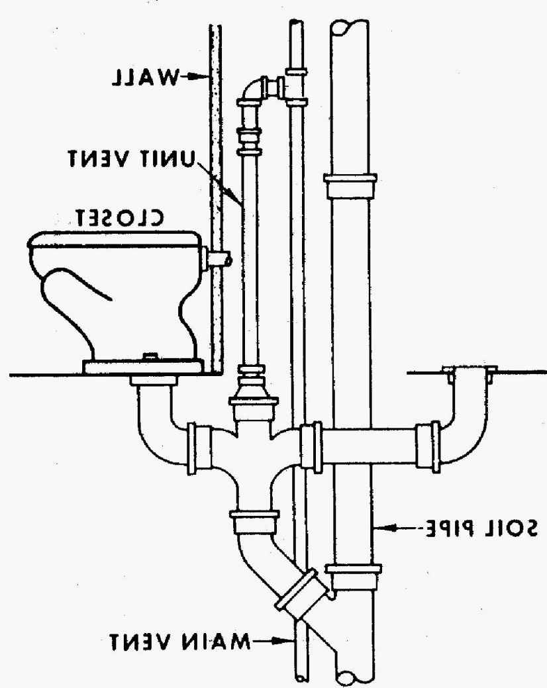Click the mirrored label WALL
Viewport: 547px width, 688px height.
point(146,77)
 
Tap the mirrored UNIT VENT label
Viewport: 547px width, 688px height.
point(130,158)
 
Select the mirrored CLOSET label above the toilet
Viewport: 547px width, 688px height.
point(119,218)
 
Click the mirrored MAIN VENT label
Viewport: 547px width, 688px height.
point(180,643)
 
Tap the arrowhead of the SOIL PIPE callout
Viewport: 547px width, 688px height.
point(381,528)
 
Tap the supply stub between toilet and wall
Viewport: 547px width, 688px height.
point(219,258)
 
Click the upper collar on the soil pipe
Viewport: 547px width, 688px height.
point(350,186)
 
